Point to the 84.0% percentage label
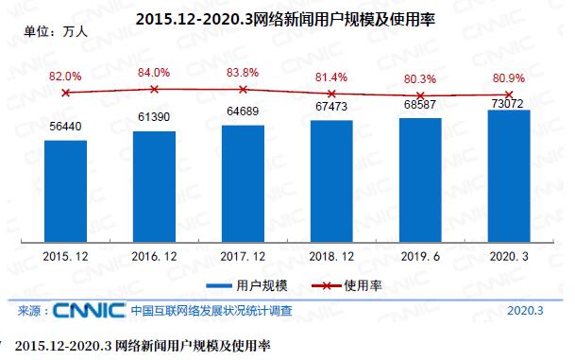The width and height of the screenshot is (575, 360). [x=154, y=72]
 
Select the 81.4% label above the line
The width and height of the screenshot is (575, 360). [x=331, y=77]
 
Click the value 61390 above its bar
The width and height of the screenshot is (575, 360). [x=154, y=115]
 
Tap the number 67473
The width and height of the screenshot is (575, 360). [x=331, y=107]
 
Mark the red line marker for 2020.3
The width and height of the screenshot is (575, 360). [x=509, y=94]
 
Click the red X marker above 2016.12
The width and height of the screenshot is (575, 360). [x=154, y=89]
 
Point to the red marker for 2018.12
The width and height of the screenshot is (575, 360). [x=331, y=94]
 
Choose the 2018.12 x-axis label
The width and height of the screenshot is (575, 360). [x=331, y=255]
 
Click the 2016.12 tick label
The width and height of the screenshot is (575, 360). [x=154, y=255]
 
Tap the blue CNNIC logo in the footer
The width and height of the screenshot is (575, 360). [x=90, y=310]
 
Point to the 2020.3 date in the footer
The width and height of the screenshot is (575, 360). [x=525, y=310]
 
